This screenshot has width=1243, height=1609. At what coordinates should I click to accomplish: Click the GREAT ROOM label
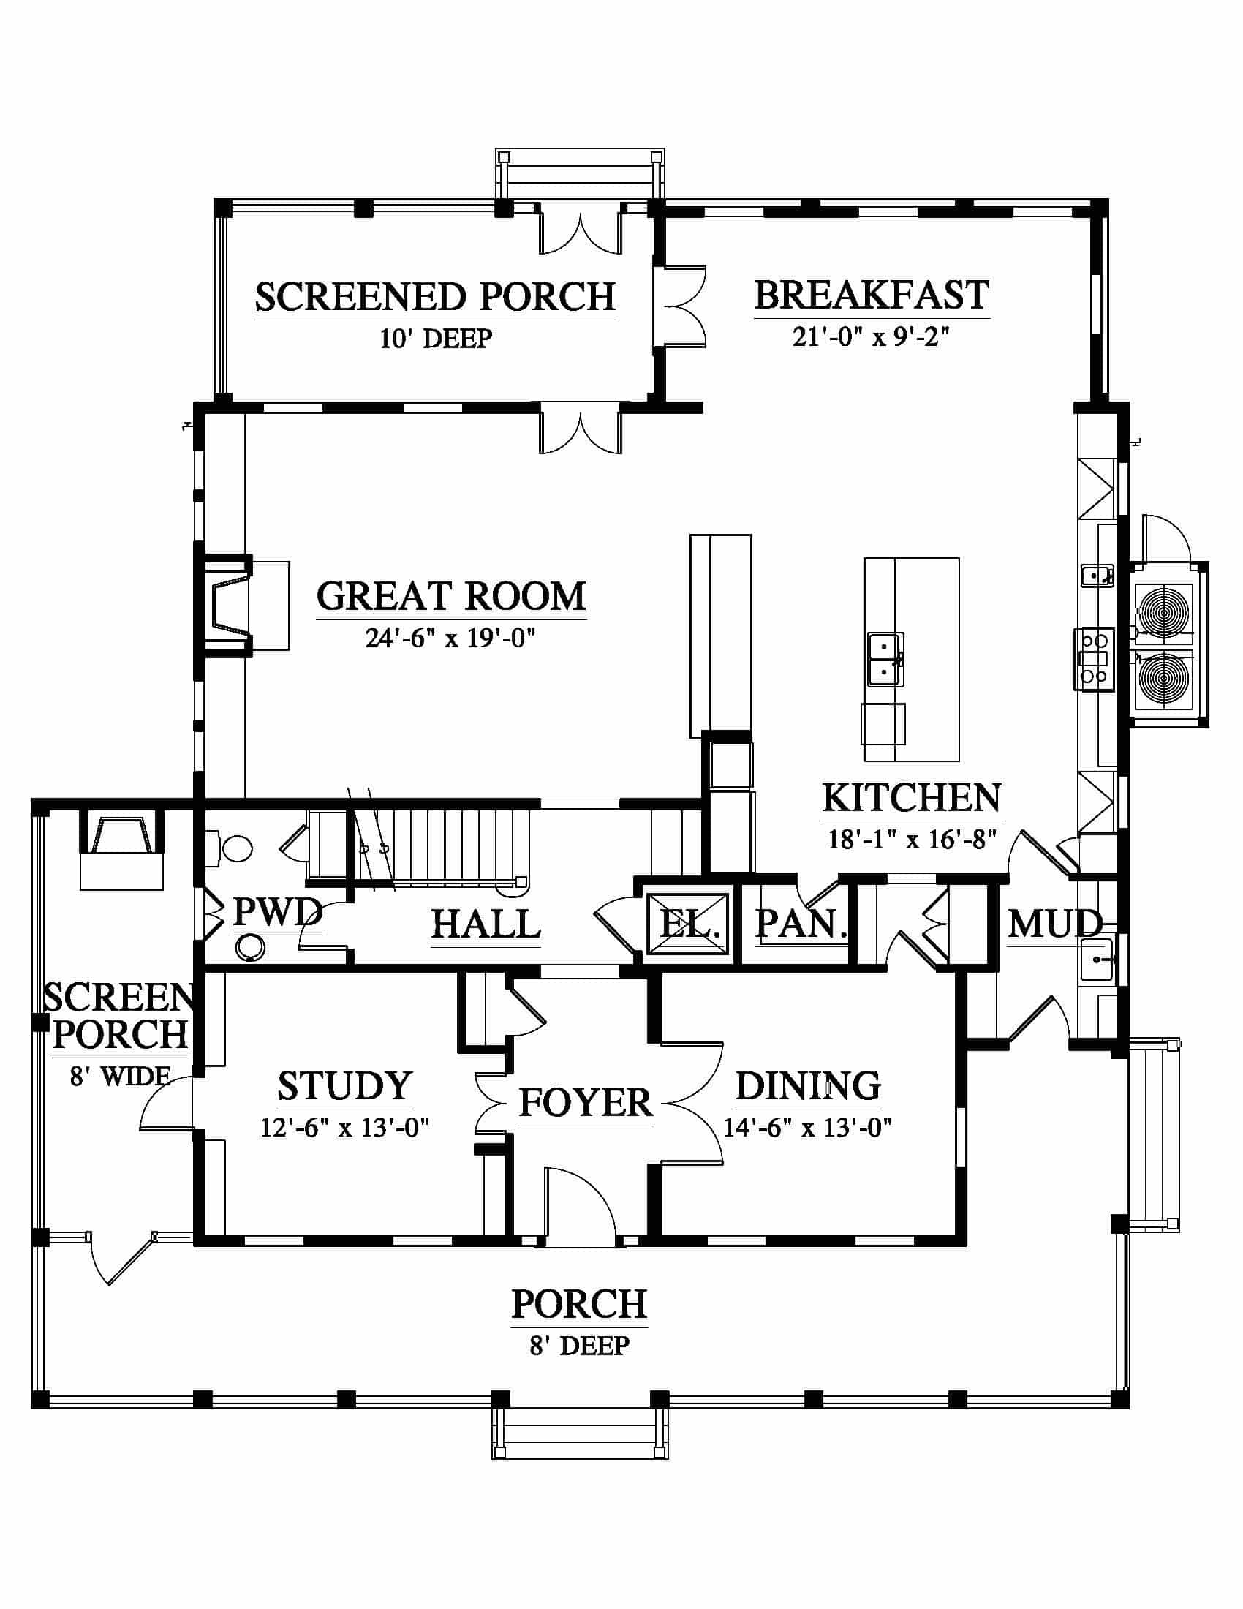(450, 597)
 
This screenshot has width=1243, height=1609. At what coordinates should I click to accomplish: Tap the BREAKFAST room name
(872, 295)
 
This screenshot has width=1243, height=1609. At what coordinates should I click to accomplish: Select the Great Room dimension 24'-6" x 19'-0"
(450, 638)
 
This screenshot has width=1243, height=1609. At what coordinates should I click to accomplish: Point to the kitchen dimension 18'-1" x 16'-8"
(913, 839)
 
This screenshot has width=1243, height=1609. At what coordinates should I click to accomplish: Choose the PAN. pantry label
(801, 924)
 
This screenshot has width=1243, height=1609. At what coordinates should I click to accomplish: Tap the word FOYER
(586, 1103)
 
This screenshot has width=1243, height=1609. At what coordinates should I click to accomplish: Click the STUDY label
(344, 1086)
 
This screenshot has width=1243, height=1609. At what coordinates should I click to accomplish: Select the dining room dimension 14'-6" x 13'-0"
(808, 1128)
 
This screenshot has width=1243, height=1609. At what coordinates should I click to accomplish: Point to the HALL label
(486, 924)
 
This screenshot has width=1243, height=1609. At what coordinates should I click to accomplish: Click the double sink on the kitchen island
(885, 660)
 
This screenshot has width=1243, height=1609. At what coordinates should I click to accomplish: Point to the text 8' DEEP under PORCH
(580, 1346)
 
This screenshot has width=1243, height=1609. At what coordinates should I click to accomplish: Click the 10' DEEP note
(436, 339)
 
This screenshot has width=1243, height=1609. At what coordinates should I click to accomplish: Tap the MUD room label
(1054, 924)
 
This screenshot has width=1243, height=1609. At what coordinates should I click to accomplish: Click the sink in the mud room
(1097, 960)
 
